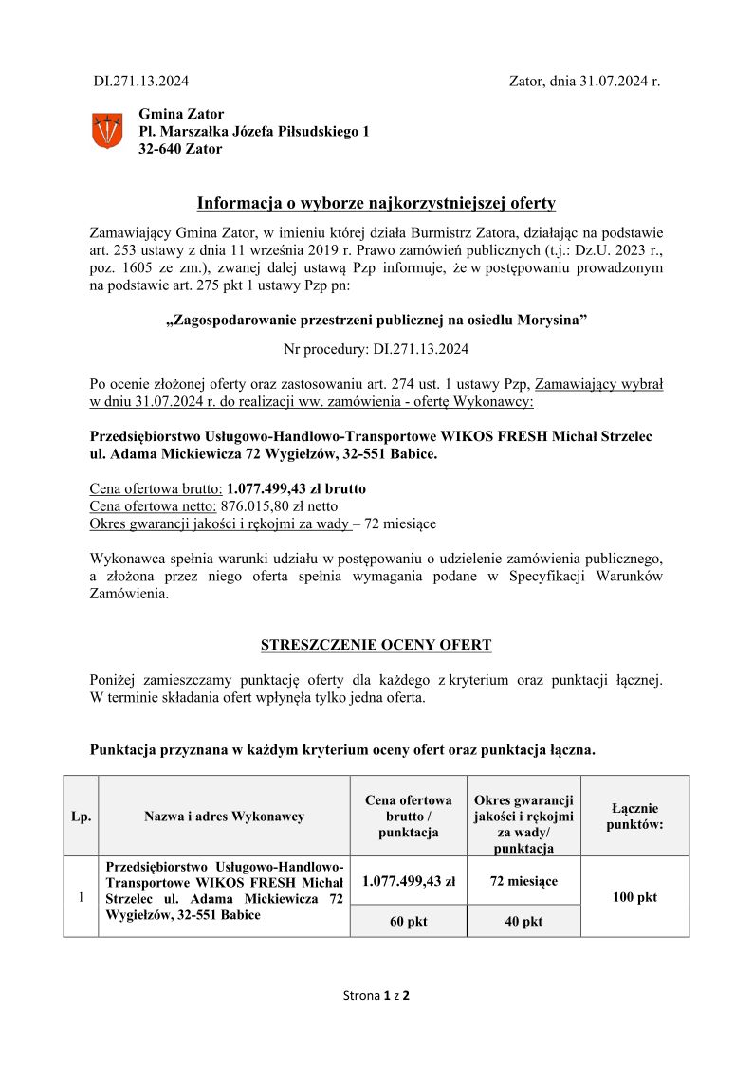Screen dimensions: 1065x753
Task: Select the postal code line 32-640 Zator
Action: pos(180,149)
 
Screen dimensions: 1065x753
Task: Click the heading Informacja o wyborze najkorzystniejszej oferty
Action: pos(376,203)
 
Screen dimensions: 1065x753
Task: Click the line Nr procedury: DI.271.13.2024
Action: pos(376,349)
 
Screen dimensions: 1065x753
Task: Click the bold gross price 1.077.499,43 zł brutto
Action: pos(296,488)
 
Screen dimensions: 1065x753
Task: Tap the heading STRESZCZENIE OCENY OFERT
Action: pos(376,646)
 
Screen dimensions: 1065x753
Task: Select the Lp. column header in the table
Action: pos(81,817)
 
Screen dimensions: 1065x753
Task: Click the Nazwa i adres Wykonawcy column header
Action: pos(224,817)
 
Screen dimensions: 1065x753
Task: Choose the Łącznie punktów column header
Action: pos(634,816)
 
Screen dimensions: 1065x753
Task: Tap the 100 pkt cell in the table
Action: pos(634,897)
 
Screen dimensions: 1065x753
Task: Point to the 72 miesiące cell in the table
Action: pos(523,881)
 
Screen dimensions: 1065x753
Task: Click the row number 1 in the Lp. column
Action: pos(81,897)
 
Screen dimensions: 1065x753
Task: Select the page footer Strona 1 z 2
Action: pos(376,996)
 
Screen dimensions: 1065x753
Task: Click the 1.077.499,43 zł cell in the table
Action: pos(409,881)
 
